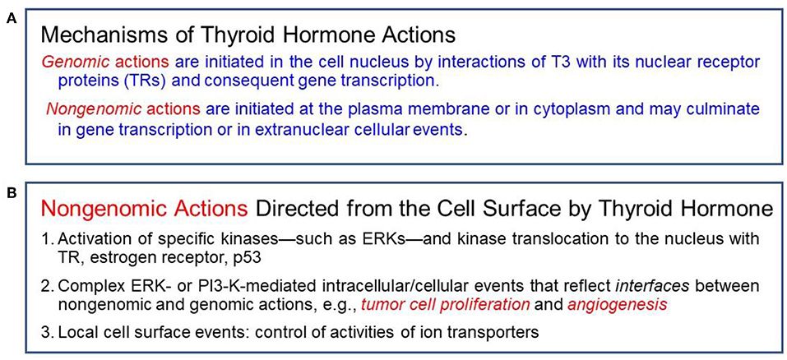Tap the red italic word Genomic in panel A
[x=69, y=62]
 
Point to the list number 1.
[x=44, y=238]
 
